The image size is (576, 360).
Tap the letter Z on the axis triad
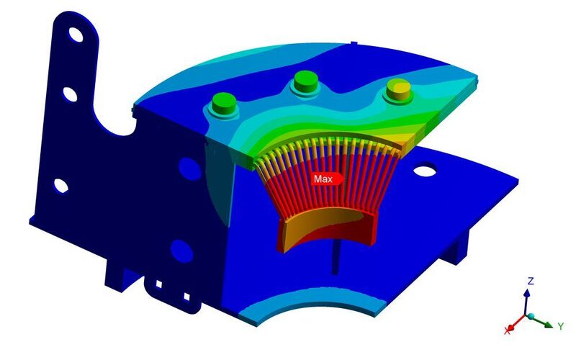531,282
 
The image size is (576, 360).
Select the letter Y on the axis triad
561,326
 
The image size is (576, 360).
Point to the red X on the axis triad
509,330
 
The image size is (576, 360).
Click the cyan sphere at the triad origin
531,316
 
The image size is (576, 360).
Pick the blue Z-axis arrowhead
527,293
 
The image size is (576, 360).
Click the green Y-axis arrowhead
549,325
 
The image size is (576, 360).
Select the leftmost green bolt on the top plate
223,104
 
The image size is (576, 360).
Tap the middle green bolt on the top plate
305,82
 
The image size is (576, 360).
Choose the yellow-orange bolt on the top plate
398,90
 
